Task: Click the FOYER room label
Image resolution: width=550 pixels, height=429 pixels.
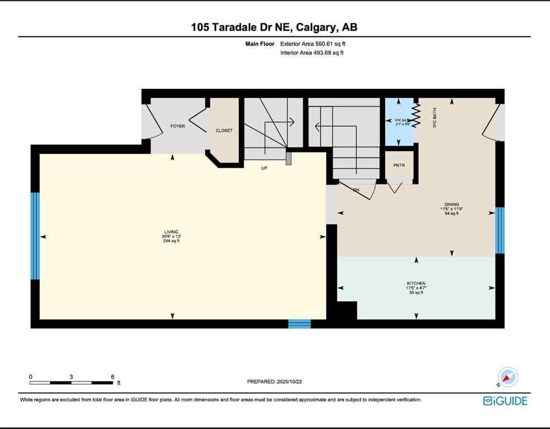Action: coord(177,126)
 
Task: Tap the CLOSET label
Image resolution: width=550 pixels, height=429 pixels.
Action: coord(224,131)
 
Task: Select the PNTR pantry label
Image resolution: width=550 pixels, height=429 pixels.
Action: coord(399,165)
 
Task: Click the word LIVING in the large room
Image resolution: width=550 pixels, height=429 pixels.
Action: coord(170,232)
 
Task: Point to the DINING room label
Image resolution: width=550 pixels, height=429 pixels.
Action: coord(452,204)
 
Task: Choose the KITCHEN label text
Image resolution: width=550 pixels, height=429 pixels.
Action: coord(416,284)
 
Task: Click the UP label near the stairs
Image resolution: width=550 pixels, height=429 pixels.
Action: coord(264,168)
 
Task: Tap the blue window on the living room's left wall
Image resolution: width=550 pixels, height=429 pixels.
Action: coord(35,236)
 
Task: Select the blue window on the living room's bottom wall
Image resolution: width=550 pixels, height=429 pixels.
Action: coord(299,323)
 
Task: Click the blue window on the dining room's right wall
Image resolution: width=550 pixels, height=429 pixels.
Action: coord(500,230)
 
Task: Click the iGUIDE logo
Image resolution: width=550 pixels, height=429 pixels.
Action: coord(505,401)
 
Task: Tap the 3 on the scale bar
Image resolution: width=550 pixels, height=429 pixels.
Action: coord(71,376)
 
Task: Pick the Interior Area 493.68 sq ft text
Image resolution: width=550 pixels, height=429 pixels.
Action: coord(312,53)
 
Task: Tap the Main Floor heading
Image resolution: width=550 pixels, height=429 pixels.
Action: coord(259,44)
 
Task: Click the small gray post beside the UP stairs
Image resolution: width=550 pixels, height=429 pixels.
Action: coord(288,158)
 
